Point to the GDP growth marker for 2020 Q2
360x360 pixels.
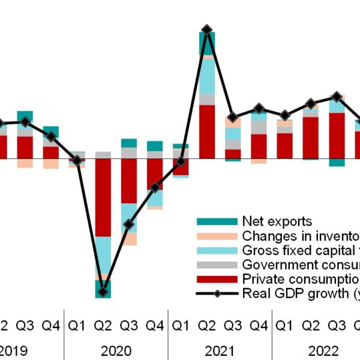pyautogui.click(x=103, y=292)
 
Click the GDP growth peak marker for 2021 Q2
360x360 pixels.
pyautogui.click(x=207, y=29)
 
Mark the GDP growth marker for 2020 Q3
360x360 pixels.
pyautogui.click(x=128, y=225)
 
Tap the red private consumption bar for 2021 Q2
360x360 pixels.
pyautogui.click(x=207, y=131)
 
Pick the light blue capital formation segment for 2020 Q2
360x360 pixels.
pyautogui.click(x=103, y=255)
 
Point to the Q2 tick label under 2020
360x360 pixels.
pyautogui.click(x=103, y=326)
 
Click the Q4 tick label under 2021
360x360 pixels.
pyautogui.click(x=259, y=326)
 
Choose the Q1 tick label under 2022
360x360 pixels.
pyautogui.click(x=284, y=326)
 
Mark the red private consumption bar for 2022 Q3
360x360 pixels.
pyautogui.click(x=337, y=135)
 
